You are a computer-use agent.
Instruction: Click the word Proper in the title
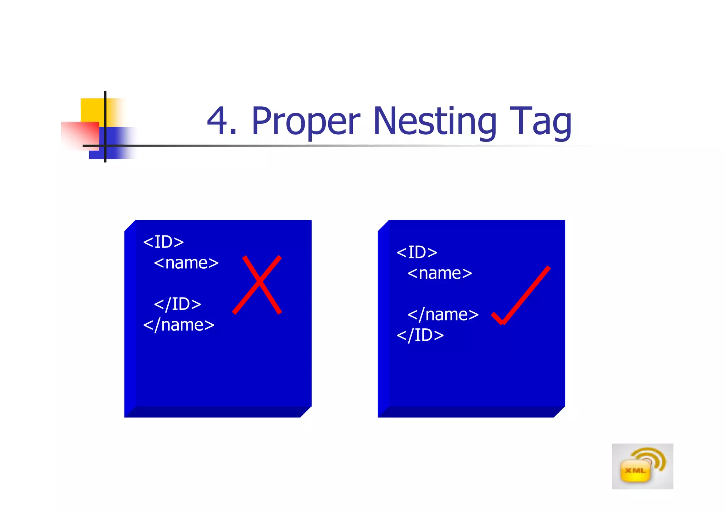point(306,122)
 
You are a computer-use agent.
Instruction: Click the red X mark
point(258,284)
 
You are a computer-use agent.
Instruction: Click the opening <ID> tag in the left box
point(163,242)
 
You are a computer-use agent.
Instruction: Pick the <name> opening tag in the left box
point(186,263)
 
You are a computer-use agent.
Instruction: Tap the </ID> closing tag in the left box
point(178,304)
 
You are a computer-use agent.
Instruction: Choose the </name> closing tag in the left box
point(179,325)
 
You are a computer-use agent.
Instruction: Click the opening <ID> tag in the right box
point(417,252)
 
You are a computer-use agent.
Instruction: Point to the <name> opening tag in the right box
point(440,273)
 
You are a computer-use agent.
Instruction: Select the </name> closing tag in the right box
point(443,314)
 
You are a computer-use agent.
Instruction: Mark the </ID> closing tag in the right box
point(420,335)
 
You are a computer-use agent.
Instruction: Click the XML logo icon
point(642,466)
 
